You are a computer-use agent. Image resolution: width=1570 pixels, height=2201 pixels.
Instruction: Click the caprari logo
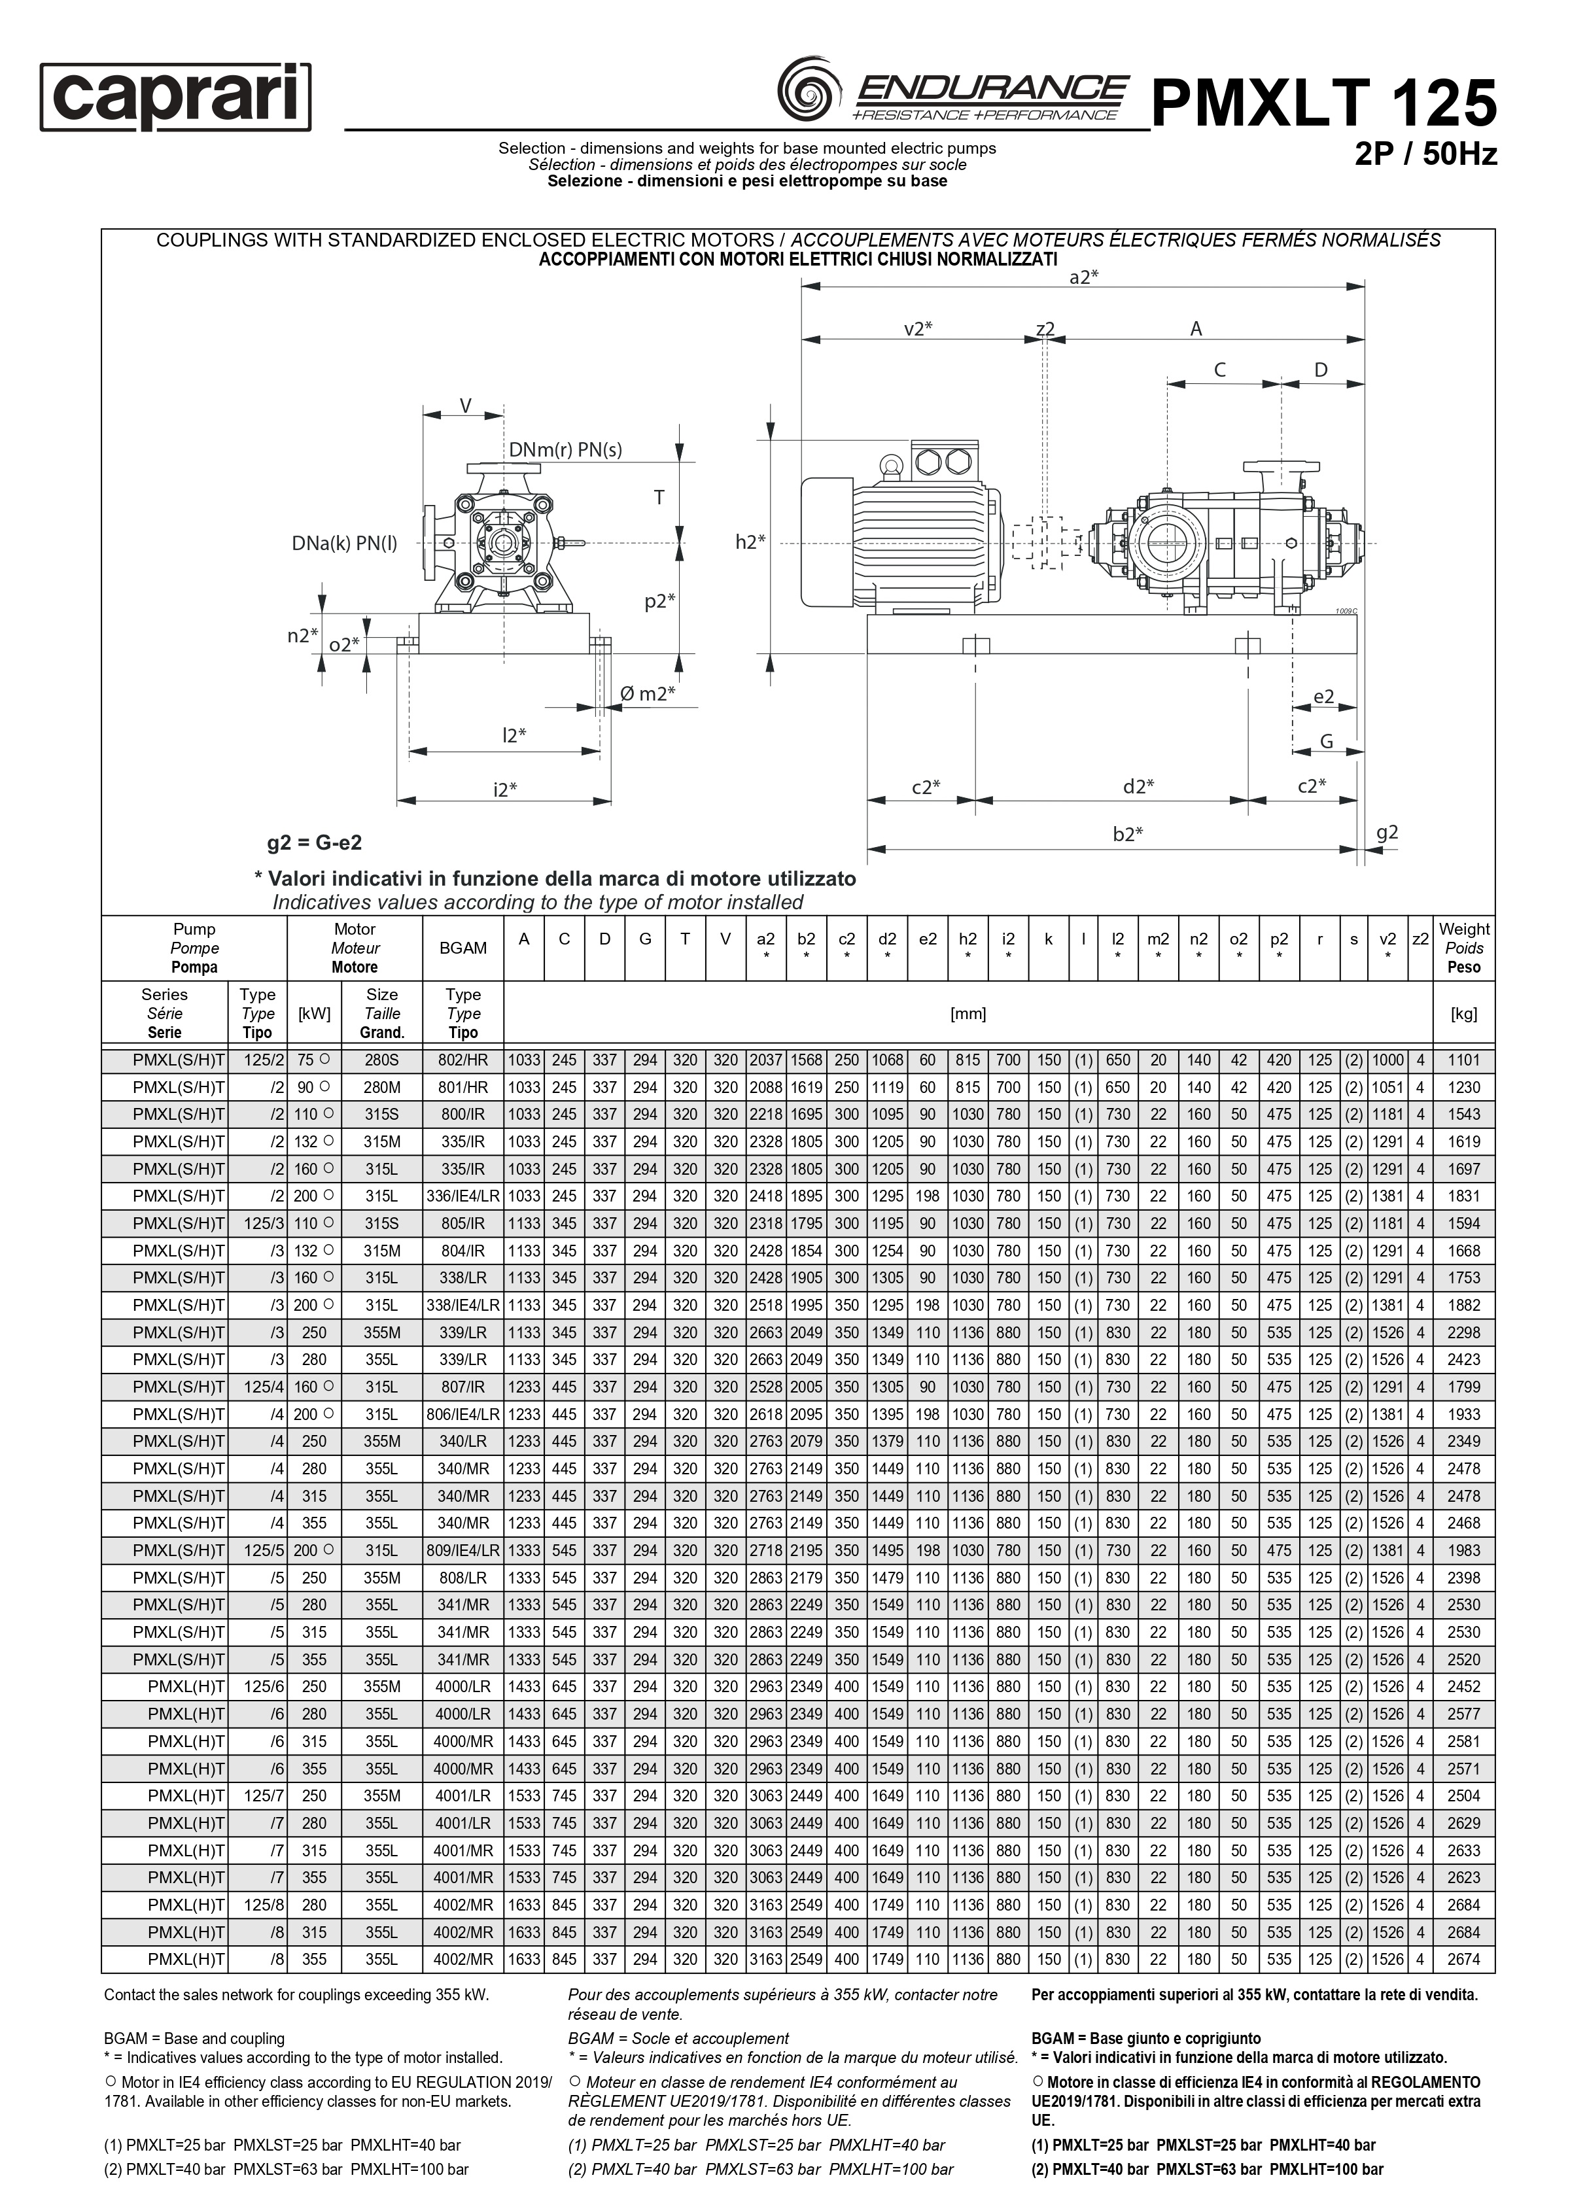(175, 97)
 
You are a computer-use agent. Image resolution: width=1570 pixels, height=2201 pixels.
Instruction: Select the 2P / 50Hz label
(1426, 154)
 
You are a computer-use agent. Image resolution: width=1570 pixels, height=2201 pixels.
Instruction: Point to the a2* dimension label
(1084, 277)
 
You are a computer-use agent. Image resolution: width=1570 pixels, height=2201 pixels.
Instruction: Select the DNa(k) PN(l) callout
(344, 544)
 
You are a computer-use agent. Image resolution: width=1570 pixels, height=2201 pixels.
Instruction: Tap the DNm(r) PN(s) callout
(566, 449)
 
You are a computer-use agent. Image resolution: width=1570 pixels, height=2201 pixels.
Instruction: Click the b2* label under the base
(1127, 833)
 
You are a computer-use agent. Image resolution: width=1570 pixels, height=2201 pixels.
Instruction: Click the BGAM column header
(463, 948)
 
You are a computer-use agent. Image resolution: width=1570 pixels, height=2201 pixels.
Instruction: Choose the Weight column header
(1463, 948)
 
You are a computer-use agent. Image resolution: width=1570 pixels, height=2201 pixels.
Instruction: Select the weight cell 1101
(1463, 1060)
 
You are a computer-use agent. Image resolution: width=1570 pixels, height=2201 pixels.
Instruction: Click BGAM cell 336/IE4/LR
(463, 1197)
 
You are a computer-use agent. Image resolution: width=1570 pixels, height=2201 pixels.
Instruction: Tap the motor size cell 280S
(382, 1060)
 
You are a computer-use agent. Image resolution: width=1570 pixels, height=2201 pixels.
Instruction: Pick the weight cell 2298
(1463, 1333)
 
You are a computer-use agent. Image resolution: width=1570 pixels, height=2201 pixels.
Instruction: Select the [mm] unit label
(968, 1014)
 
